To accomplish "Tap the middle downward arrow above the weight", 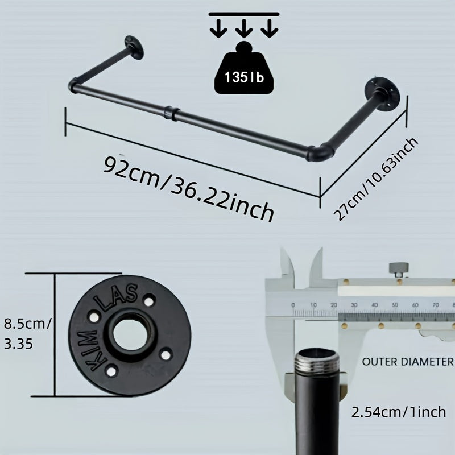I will point(243,27).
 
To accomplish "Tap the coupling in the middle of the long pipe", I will point(171,111).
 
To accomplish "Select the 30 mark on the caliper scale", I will point(354,305).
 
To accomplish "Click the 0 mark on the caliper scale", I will point(293,305).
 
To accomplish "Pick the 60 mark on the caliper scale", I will point(415,305).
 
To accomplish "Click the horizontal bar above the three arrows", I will point(243,12).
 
